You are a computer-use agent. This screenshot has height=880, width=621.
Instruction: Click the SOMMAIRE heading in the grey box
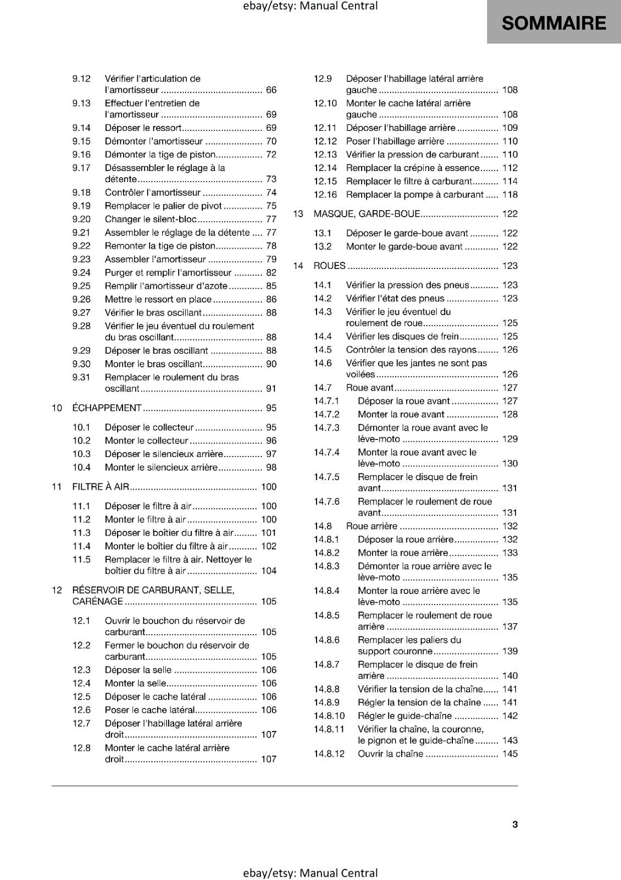(x=553, y=23)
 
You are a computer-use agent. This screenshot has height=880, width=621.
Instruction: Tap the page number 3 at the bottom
(x=515, y=824)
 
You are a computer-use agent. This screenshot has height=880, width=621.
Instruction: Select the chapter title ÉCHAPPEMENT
(x=107, y=408)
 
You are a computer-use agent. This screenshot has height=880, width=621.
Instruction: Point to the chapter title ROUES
(x=329, y=266)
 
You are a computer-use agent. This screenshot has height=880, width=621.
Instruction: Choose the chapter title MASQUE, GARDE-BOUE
(x=367, y=214)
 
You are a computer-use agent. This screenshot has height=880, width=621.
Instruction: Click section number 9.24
(x=81, y=273)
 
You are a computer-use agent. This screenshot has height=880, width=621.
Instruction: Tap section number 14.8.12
(x=329, y=754)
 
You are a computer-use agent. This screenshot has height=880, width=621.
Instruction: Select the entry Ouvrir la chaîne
(x=390, y=754)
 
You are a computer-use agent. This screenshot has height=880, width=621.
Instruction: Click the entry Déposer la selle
(x=138, y=670)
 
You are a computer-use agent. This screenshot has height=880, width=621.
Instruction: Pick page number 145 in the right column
(x=510, y=754)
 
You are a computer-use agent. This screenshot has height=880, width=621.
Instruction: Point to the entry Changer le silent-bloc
(x=151, y=219)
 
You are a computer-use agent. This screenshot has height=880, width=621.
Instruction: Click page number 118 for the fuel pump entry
(x=510, y=195)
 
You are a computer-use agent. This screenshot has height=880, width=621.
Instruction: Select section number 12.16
(x=325, y=195)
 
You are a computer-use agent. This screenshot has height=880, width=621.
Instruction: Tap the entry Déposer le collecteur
(x=149, y=427)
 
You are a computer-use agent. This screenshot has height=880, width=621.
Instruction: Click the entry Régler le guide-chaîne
(x=404, y=716)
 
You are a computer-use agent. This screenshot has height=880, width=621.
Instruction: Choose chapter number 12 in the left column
(x=57, y=590)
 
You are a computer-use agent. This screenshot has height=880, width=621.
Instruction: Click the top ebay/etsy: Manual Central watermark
(x=311, y=6)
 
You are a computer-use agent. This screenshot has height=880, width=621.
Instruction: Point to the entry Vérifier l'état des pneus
(x=395, y=299)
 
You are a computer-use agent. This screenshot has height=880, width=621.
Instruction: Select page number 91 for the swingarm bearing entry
(x=271, y=389)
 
